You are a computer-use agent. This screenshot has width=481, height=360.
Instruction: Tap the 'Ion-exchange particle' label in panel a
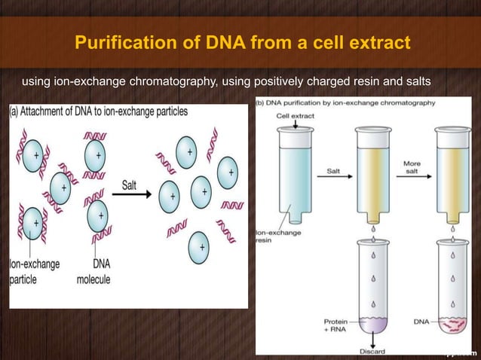(x=35, y=272)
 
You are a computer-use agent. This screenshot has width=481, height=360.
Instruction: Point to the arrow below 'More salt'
(x=414, y=178)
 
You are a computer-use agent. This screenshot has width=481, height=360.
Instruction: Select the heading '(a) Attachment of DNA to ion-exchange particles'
(x=99, y=111)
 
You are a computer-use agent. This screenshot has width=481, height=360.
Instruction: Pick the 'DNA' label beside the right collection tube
(x=422, y=322)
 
